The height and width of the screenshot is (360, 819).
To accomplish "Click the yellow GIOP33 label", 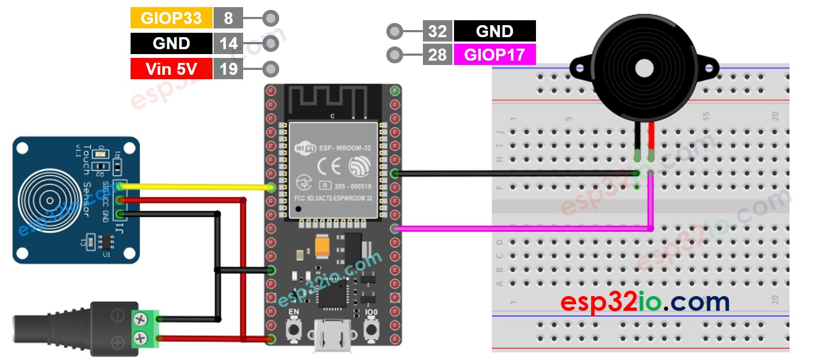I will [171, 19].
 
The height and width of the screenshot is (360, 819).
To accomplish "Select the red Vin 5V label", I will [171, 69].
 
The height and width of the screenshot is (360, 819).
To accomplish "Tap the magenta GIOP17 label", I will [494, 55].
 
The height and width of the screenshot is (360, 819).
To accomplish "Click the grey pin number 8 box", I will [228, 19].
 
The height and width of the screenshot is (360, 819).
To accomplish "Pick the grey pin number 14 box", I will [228, 44].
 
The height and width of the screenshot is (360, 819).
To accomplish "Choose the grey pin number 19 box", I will [228, 69].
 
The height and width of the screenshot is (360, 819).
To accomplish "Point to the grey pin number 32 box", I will [437, 31].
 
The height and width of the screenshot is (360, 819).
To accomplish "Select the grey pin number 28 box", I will [437, 55].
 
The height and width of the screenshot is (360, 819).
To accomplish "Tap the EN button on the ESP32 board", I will [294, 328].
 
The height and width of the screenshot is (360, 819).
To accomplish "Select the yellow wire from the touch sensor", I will [197, 187].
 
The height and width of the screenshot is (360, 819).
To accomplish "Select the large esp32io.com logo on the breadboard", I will [645, 302].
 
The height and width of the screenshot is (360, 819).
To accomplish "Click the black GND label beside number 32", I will [494, 31].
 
